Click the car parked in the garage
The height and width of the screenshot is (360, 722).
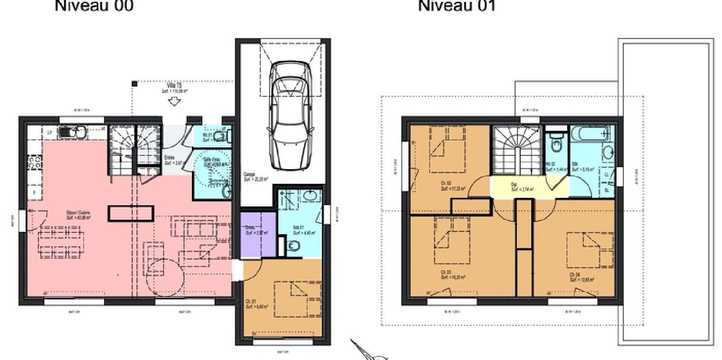tap(288, 116)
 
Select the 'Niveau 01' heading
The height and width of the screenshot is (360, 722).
tap(457, 6)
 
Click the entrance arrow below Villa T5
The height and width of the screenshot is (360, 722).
tap(173, 102)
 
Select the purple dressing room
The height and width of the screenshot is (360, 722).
tap(258, 233)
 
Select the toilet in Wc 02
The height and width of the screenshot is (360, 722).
tap(556, 143)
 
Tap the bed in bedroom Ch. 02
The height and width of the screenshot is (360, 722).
tap(446, 149)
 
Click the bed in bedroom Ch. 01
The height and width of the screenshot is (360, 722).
tap(297, 300)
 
